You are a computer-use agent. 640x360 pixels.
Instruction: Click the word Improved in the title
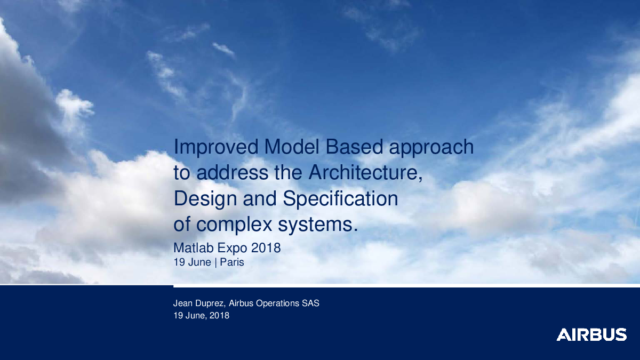point(216,147)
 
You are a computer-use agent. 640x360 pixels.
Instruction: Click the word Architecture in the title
point(363,173)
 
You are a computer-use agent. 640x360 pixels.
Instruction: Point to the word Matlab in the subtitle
point(194,247)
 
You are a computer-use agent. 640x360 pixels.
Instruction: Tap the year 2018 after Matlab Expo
point(266,247)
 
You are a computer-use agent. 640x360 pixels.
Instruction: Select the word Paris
point(232,262)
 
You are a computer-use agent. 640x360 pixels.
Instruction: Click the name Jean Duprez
point(199,303)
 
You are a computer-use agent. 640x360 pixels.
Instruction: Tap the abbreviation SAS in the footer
point(310,303)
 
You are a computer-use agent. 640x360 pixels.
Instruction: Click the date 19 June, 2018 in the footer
point(202,316)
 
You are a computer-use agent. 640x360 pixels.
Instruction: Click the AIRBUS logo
point(591,334)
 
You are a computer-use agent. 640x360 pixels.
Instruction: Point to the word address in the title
point(233,173)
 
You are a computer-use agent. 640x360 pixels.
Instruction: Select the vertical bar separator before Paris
point(215,262)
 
